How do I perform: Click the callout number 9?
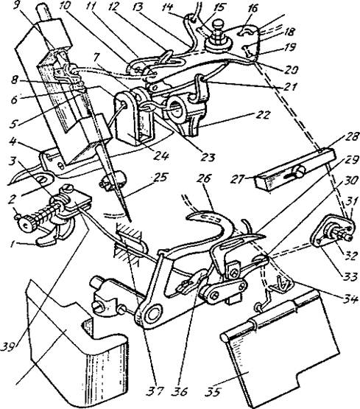click(17, 5)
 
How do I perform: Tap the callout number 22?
click(263, 115)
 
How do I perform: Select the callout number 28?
click(351, 136)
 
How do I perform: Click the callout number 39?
click(8, 347)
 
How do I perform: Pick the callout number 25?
click(160, 178)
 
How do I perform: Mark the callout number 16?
click(253, 9)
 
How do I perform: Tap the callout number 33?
click(350, 277)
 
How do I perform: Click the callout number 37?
click(155, 391)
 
